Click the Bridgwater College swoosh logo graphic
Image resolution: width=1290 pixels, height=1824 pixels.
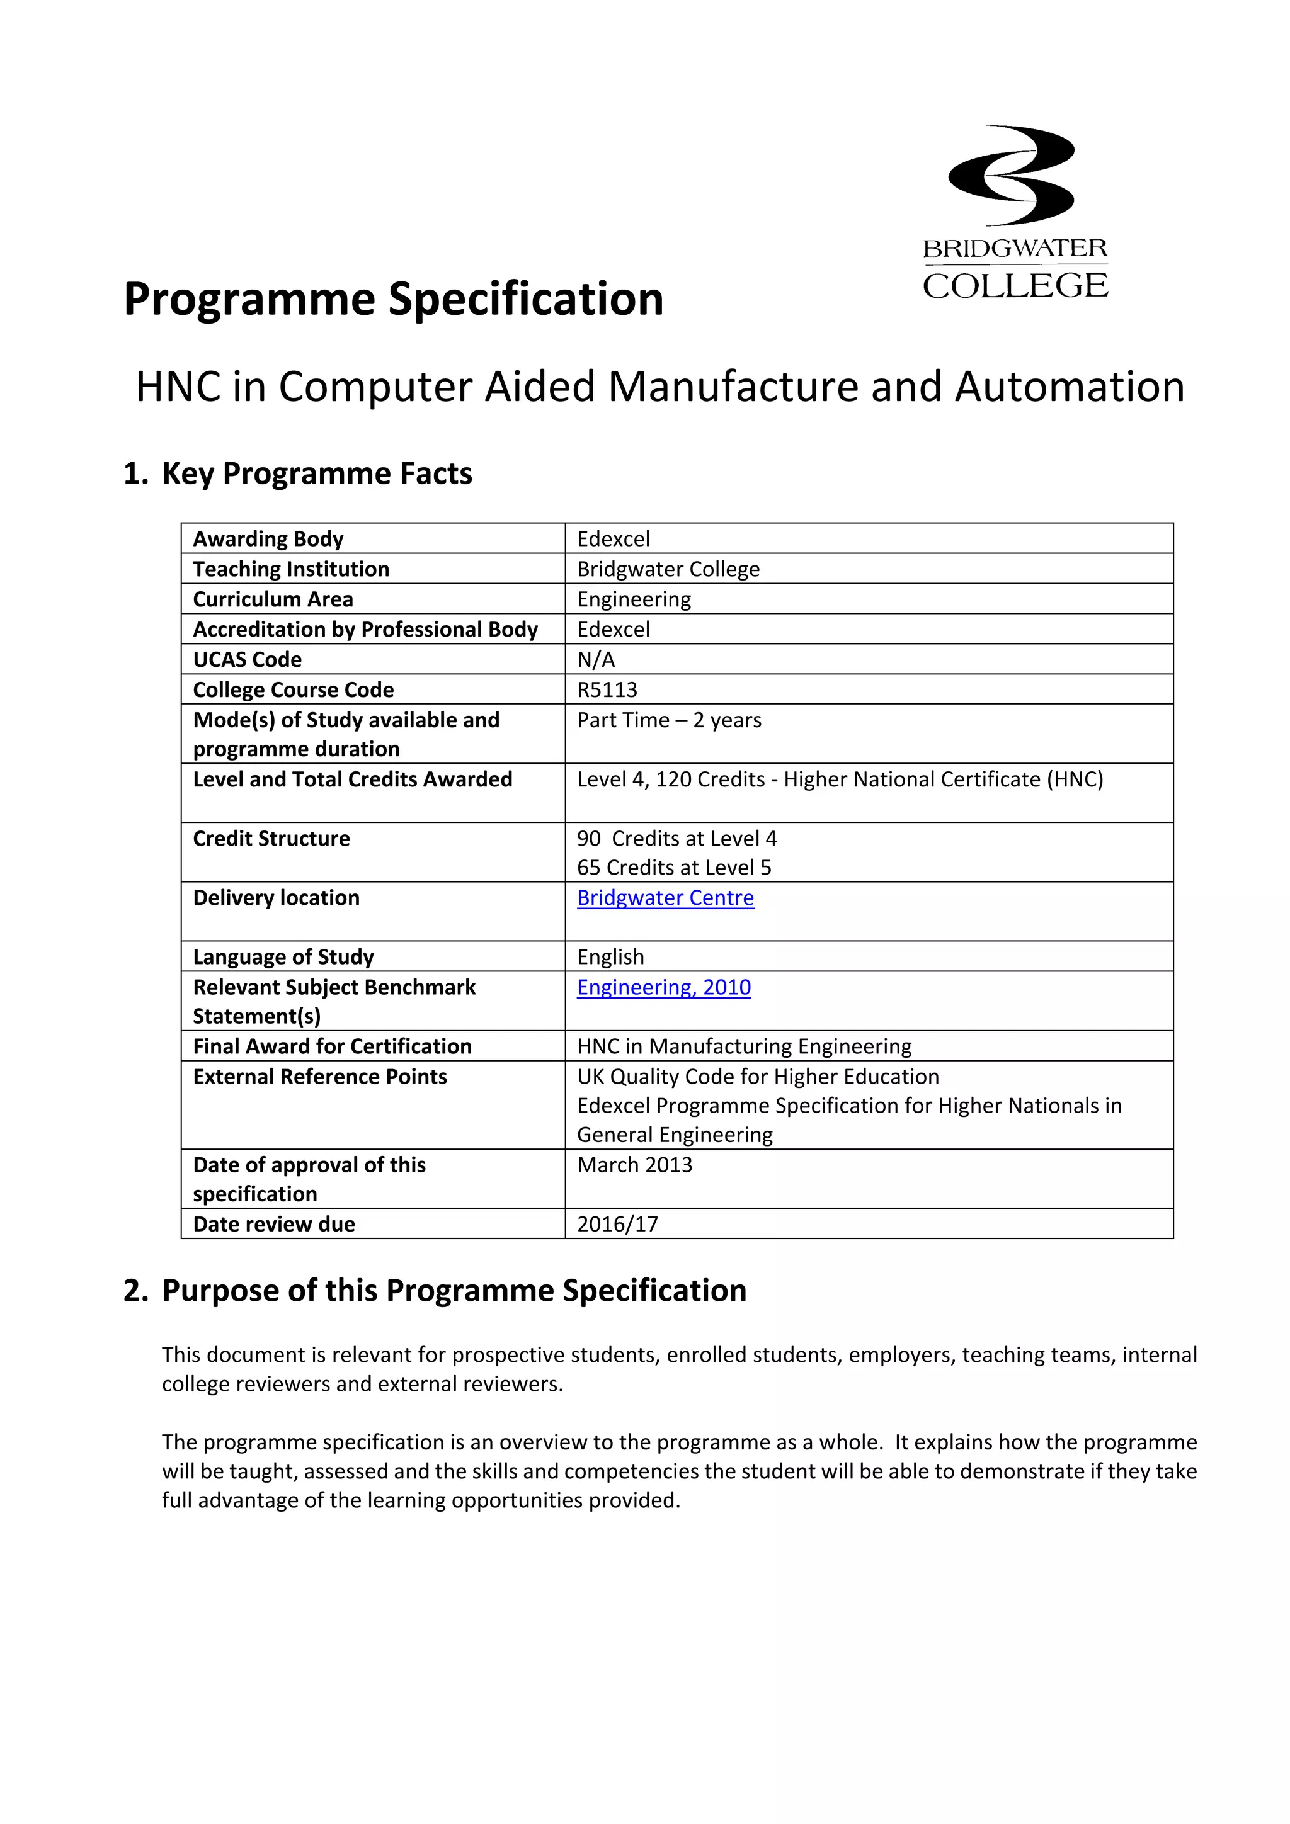tap(1011, 176)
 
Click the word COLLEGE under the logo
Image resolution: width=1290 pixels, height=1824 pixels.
tap(1015, 286)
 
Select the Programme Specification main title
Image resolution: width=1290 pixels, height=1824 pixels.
tap(394, 300)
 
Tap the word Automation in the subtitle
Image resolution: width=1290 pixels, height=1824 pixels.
tap(1069, 388)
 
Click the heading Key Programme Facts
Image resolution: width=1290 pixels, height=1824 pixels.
tap(316, 473)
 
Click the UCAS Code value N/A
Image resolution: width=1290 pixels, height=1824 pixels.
tap(595, 659)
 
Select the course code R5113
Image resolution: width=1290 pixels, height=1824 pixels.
tap(607, 689)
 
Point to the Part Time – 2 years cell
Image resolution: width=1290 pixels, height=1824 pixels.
tap(668, 720)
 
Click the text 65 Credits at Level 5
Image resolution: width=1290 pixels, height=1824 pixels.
tap(673, 868)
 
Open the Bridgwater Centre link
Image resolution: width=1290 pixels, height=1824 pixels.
tap(665, 898)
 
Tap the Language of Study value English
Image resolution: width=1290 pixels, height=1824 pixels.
tap(610, 957)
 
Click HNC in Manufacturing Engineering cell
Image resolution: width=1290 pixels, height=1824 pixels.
tap(743, 1046)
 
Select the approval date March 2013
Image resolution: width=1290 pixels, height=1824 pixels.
tap(634, 1165)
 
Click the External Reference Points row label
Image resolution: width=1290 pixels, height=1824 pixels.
tap(319, 1077)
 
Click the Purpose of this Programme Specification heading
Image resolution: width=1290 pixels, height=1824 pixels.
tap(454, 1291)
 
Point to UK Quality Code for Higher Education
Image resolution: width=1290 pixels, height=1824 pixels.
tap(758, 1077)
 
